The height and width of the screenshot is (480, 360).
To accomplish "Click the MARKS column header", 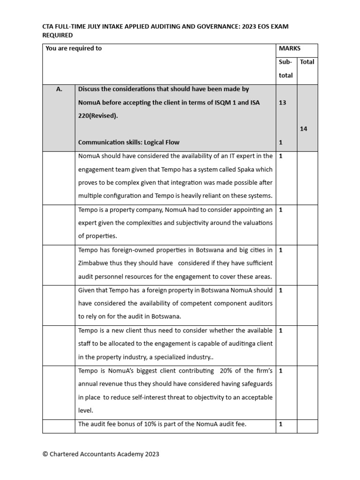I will click(290, 48).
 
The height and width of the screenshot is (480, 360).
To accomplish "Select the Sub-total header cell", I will click(285, 68).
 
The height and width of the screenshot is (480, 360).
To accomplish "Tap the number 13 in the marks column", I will click(282, 102).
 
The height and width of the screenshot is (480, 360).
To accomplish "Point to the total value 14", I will click(304, 128).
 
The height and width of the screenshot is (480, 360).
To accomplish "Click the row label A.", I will click(59, 89).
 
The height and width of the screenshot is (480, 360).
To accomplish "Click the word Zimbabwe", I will click(93, 263).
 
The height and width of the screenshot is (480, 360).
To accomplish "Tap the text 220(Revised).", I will click(98, 115).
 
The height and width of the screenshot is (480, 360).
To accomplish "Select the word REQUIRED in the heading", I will click(58, 35).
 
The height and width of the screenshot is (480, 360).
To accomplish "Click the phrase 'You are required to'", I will click(74, 48).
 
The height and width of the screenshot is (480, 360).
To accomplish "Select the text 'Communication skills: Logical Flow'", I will click(128, 142).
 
